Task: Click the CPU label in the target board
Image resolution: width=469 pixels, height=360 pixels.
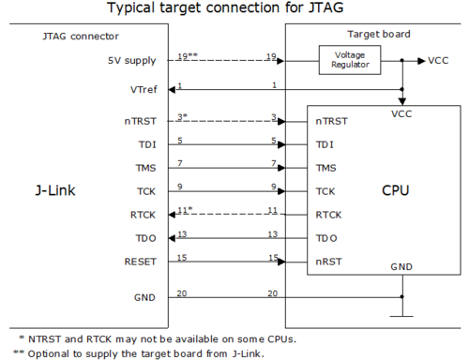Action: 395,192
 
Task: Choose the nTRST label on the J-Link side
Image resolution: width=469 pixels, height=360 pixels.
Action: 140,121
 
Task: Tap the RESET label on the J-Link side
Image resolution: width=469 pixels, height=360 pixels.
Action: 138,262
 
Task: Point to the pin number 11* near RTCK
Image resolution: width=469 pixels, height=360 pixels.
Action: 184,209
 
